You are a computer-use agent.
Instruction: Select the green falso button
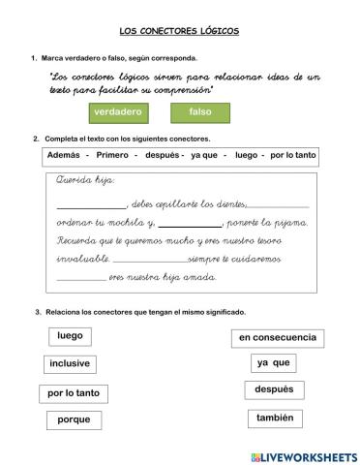pyautogui.click(x=200, y=112)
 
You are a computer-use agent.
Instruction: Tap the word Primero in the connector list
pyautogui.click(x=112, y=156)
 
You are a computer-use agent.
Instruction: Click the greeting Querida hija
pyautogui.click(x=86, y=181)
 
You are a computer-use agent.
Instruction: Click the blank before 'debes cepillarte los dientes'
pyautogui.click(x=91, y=206)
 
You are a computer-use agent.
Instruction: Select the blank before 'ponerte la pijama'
pyautogui.click(x=190, y=224)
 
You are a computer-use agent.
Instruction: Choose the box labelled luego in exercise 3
pyautogui.click(x=70, y=336)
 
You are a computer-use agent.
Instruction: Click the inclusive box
pyautogui.click(x=70, y=364)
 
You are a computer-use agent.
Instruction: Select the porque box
pyautogui.click(x=74, y=419)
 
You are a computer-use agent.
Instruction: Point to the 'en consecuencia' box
pyautogui.click(x=277, y=337)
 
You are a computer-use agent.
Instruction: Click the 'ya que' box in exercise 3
pyautogui.click(x=272, y=363)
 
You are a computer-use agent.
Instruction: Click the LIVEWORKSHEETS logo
pyautogui.click(x=303, y=455)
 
